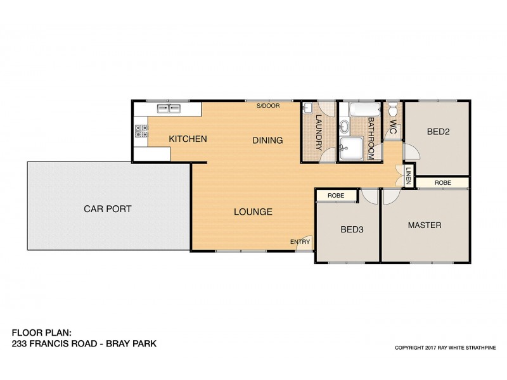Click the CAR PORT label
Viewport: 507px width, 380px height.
(107, 208)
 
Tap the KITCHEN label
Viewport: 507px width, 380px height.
(188, 139)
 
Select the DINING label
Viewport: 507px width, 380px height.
(267, 140)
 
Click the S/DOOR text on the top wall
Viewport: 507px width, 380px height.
(267, 106)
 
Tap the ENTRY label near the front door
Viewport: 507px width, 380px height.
(300, 241)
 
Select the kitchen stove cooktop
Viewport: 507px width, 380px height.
(141, 131)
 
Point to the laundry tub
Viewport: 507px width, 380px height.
(307, 108)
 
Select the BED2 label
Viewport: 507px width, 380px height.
(438, 132)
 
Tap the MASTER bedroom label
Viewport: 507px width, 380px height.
(424, 225)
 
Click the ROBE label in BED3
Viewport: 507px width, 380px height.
(336, 196)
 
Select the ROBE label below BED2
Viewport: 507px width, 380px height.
(443, 182)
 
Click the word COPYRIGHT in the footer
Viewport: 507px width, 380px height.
(411, 348)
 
